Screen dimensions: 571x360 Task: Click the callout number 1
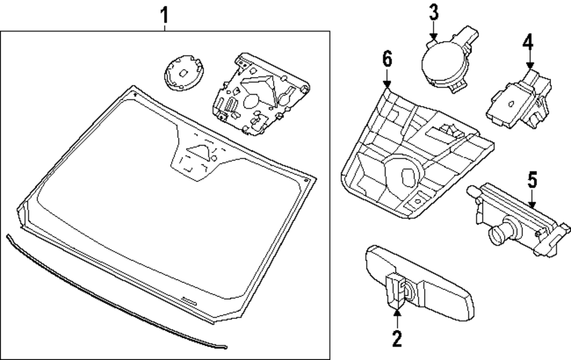[x=164, y=15]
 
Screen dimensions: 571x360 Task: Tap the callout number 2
[x=397, y=338]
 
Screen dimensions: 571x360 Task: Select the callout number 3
[x=433, y=12]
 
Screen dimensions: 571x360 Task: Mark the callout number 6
[x=387, y=59]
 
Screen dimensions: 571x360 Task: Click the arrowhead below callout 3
[x=433, y=37]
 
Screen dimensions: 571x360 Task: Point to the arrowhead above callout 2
[x=397, y=312]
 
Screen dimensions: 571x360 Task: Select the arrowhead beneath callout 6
[x=387, y=84]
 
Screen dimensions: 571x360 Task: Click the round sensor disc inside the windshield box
[x=184, y=73]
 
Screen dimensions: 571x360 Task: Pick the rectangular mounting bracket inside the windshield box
[x=261, y=94]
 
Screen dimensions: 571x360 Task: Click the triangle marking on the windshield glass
[x=199, y=152]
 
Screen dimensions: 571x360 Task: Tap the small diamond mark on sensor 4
[x=511, y=104]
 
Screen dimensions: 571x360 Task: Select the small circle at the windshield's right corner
[x=306, y=180]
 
